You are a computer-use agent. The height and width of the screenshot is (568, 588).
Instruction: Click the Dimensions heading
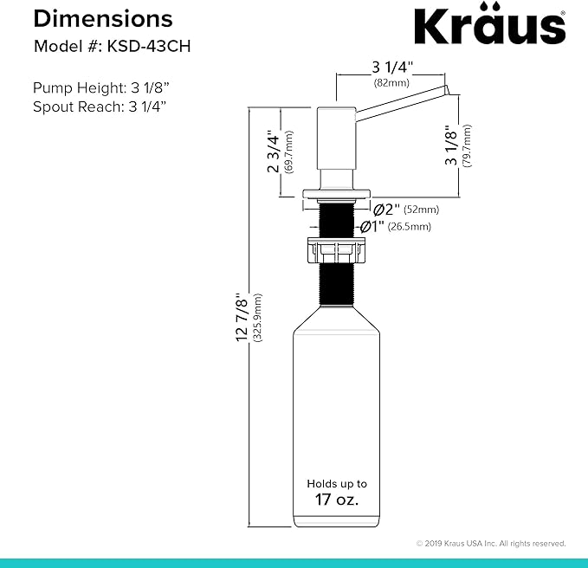[103, 19]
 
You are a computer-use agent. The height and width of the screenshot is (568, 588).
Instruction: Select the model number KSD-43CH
[149, 47]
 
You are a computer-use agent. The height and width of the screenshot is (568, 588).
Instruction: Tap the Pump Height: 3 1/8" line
[100, 87]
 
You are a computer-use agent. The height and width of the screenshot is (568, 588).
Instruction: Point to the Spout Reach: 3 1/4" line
[100, 106]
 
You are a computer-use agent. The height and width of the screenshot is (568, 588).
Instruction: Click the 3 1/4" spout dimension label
[392, 68]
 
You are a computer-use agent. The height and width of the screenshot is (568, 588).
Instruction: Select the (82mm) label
[391, 83]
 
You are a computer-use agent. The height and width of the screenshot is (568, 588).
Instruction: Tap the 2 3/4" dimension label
[274, 152]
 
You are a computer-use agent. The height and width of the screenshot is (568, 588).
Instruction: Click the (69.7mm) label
[288, 152]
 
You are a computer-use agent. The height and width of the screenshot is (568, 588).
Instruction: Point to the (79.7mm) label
[468, 145]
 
